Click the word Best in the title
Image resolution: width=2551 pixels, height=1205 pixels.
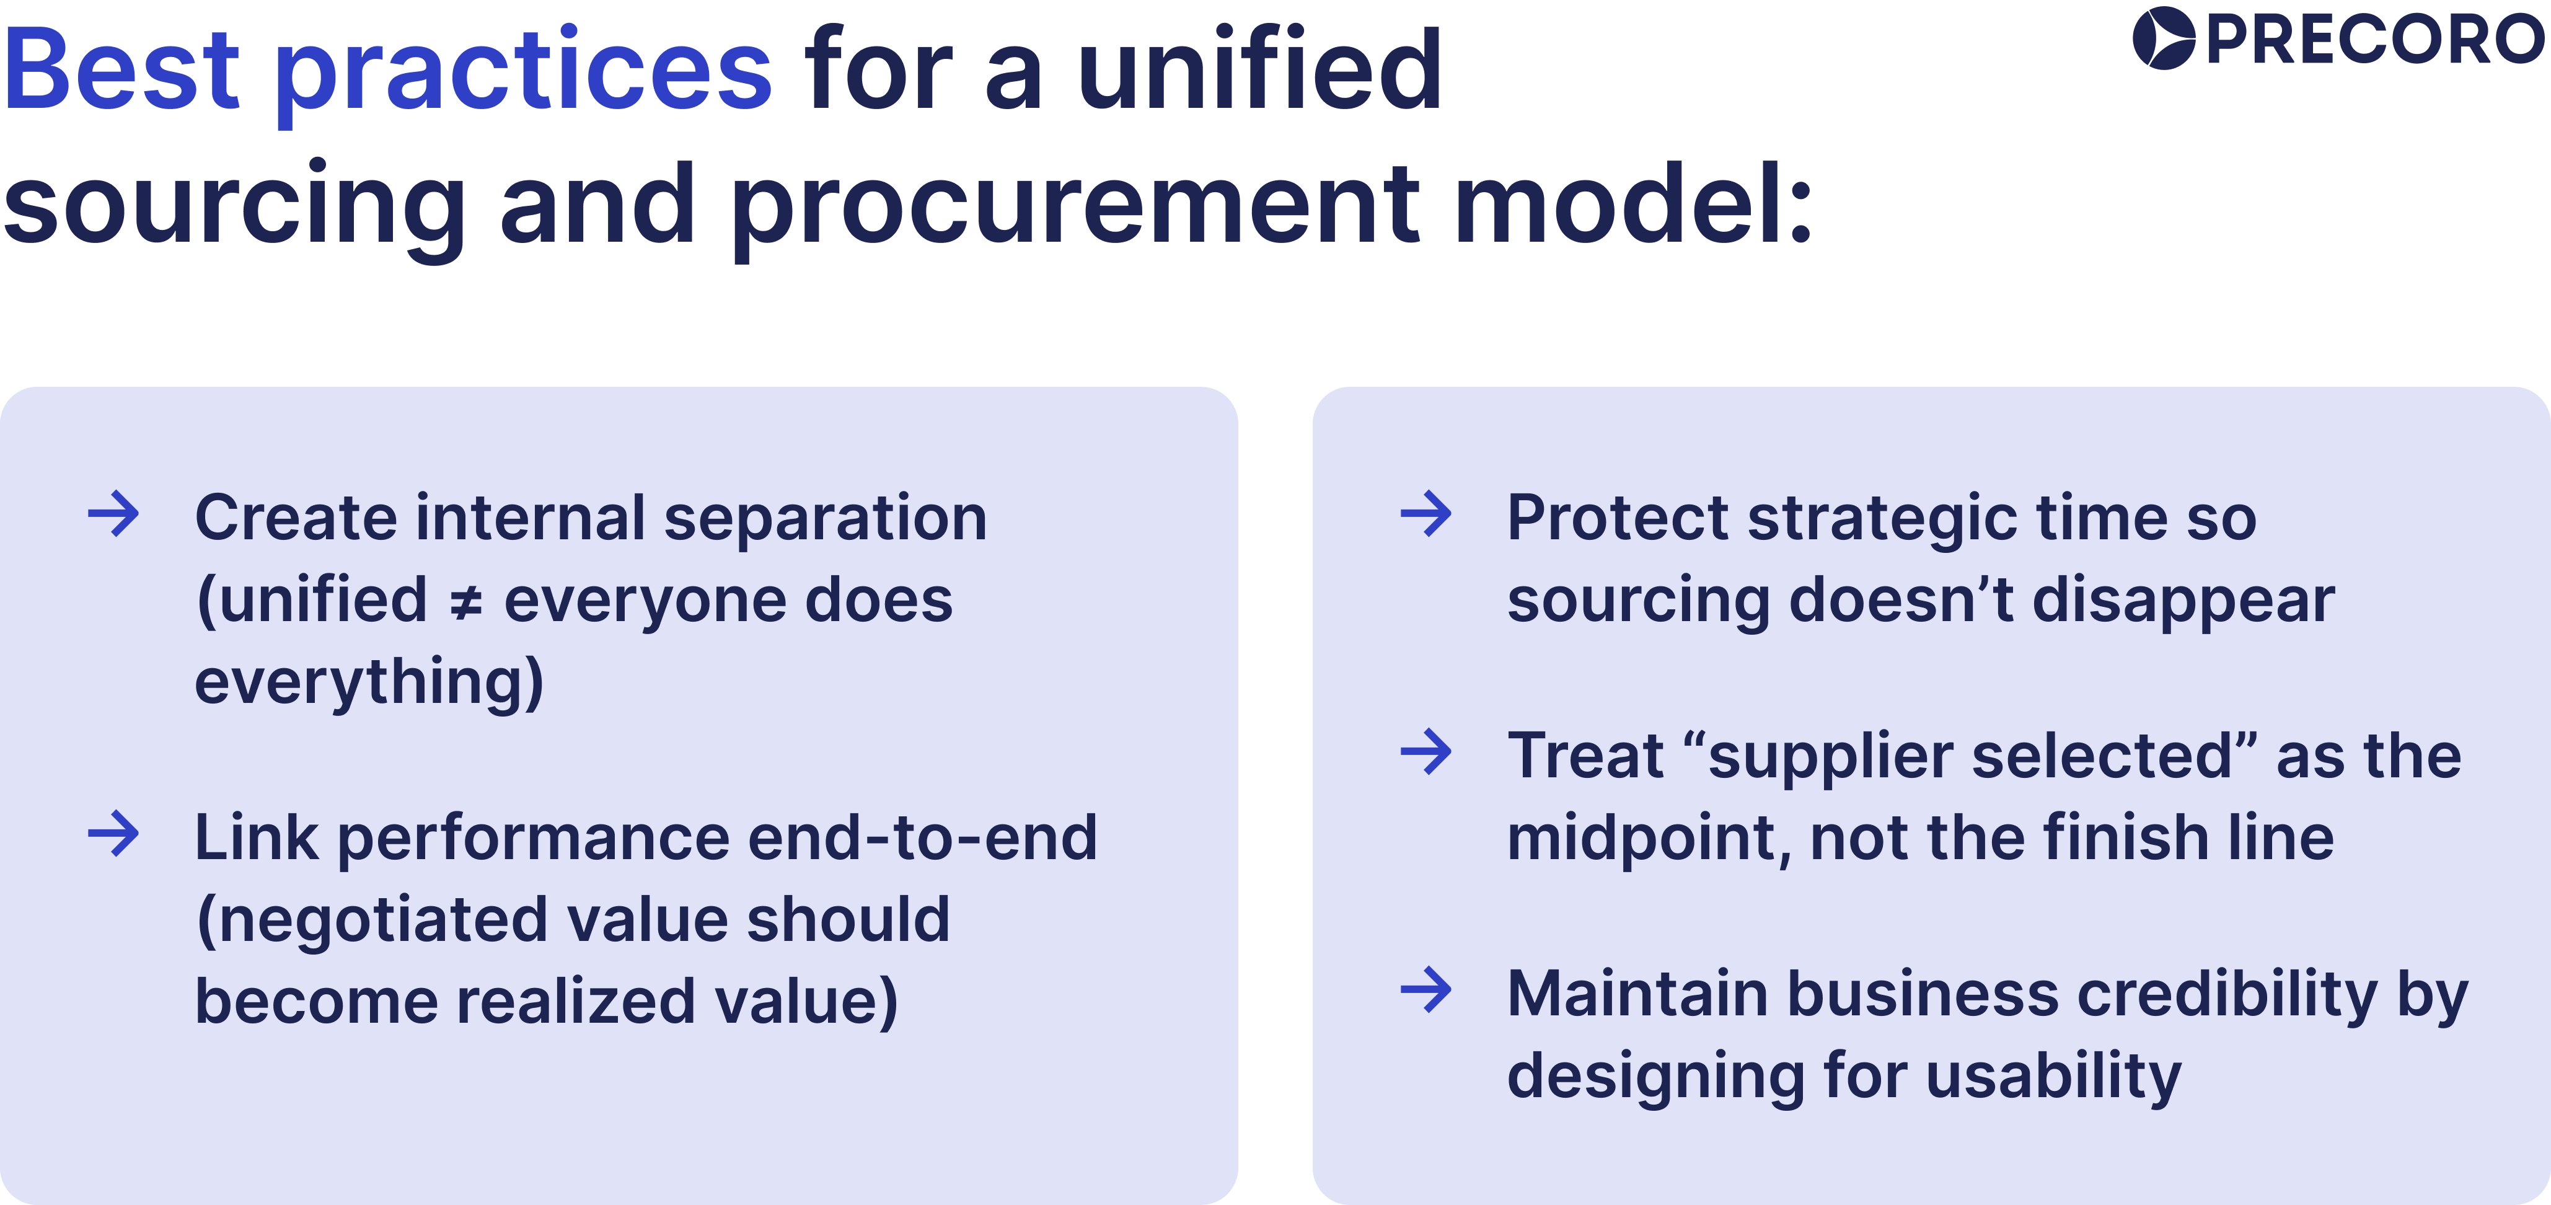(x=121, y=69)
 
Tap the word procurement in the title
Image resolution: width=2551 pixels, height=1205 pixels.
(x=1075, y=208)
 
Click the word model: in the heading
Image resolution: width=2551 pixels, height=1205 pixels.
(x=1634, y=203)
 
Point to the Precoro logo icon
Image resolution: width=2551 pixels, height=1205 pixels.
(x=2164, y=38)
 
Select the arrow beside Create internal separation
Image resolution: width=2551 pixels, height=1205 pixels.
(x=114, y=514)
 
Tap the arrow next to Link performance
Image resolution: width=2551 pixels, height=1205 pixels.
(x=114, y=834)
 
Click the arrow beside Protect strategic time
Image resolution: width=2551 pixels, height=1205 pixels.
(x=1426, y=514)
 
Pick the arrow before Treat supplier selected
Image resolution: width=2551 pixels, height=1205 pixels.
(x=1426, y=753)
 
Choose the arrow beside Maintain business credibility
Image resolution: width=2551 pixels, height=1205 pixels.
(x=1426, y=990)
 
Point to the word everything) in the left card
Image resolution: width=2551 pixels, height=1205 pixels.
(x=368, y=683)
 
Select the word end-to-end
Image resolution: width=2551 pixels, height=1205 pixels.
(x=922, y=837)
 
